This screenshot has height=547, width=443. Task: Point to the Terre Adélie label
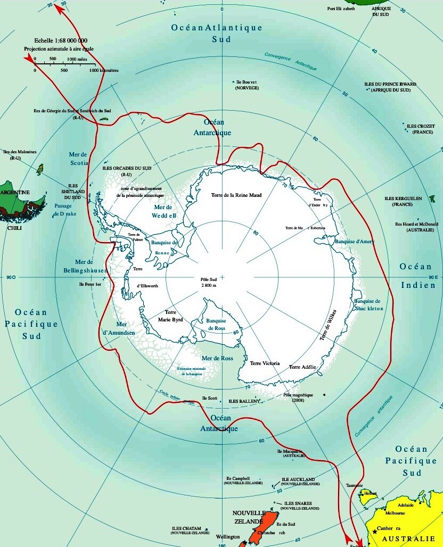coord(302,367)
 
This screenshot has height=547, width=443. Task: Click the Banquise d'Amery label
coord(355,242)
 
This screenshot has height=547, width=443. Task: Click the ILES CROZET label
coord(419,126)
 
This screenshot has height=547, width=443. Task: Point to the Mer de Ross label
coord(217,359)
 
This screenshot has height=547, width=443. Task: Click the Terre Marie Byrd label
coord(170,316)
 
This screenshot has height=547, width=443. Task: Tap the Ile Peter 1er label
coord(89,285)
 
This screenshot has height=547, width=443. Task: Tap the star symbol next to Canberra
coord(375,531)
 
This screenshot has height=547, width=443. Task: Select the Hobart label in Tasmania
coord(371,494)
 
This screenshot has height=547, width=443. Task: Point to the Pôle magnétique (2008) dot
coord(323,395)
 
